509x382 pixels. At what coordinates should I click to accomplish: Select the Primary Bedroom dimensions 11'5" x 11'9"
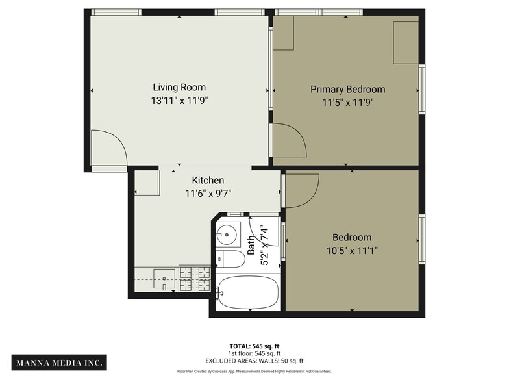[347, 102]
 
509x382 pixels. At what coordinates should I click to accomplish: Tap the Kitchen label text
[208, 180]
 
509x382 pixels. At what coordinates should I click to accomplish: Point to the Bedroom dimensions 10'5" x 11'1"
[352, 250]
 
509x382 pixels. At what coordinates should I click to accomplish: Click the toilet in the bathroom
[230, 259]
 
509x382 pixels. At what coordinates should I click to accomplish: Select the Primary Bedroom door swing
[288, 140]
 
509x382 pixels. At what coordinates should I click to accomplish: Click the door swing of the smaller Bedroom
[301, 190]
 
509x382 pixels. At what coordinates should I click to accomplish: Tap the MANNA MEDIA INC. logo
[59, 362]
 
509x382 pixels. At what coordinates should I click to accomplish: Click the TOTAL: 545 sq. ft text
[254, 346]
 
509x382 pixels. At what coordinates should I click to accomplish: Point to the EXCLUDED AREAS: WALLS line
[254, 361]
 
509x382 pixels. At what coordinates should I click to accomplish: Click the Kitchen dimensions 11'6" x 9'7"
[208, 193]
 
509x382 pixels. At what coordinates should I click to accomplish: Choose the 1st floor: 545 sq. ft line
[254, 353]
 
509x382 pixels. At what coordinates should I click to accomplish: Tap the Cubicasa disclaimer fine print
[254, 372]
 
